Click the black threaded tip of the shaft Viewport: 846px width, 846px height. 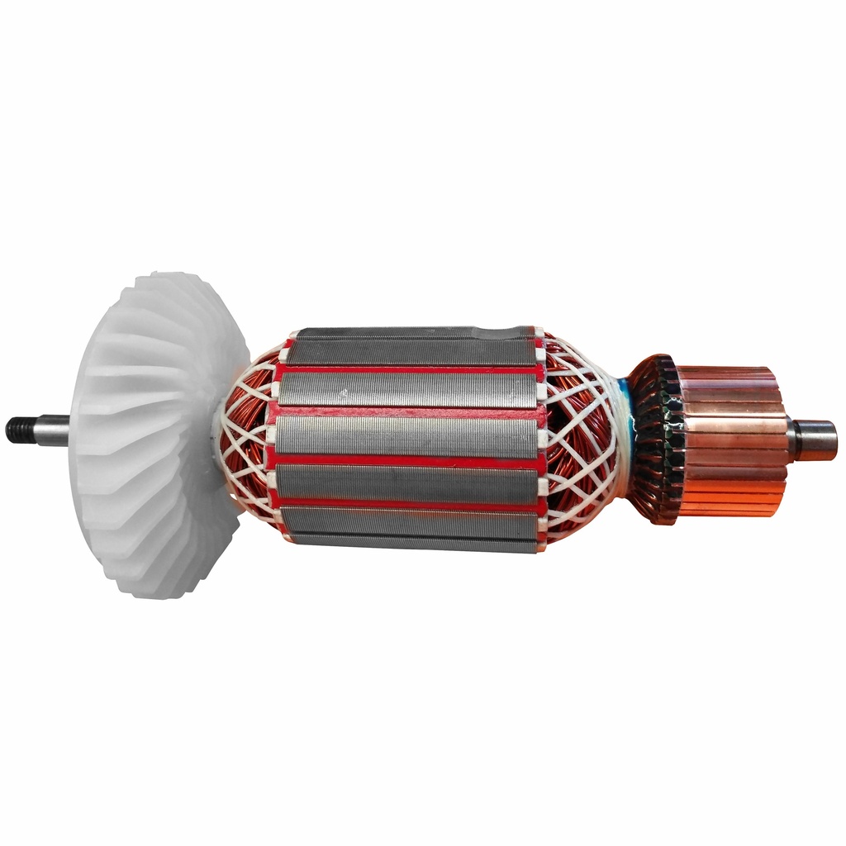(18, 430)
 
